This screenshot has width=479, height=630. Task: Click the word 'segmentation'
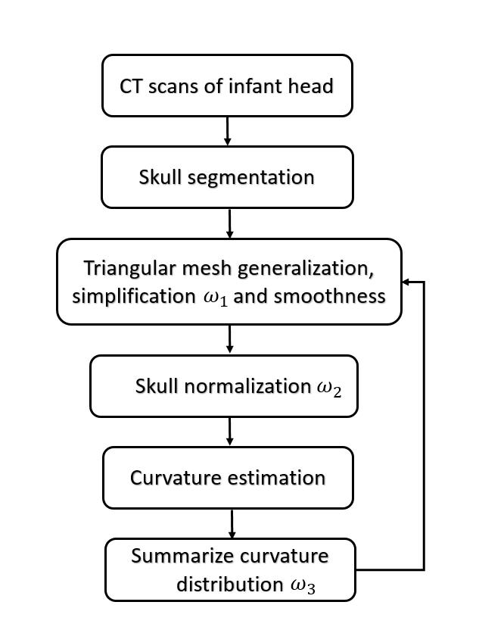point(253,178)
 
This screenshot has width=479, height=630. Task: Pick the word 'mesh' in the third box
point(200,269)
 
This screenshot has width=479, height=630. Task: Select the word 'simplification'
point(133,296)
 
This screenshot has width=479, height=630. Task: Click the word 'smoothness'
point(329,296)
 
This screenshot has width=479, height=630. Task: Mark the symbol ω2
point(329,388)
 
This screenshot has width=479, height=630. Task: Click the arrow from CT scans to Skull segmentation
point(227,131)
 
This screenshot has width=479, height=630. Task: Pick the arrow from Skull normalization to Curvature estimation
point(230,432)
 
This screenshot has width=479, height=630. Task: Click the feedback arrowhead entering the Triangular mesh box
point(406,282)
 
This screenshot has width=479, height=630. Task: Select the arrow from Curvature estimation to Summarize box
point(232,523)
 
